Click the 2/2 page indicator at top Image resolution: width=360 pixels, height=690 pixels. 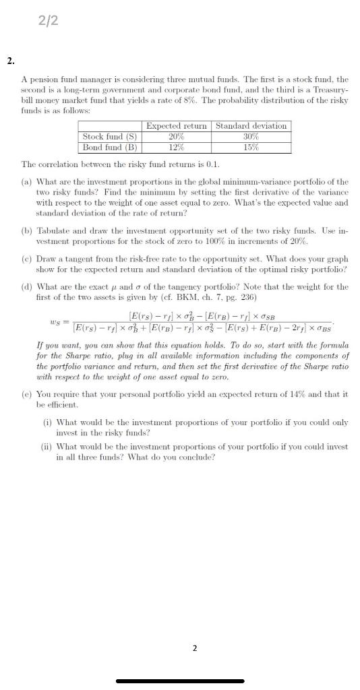(x=49, y=21)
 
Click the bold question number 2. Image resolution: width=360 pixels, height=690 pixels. (x=11, y=61)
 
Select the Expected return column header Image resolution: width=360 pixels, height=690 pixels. (x=177, y=125)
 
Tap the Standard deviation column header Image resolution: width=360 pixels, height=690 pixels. (x=251, y=125)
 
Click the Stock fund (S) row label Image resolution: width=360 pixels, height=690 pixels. (x=111, y=136)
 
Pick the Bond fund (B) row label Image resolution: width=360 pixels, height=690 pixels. (x=110, y=147)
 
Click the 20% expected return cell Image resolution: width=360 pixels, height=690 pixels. (x=177, y=136)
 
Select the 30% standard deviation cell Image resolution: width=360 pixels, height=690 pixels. (x=251, y=136)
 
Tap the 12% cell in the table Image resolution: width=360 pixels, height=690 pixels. (x=177, y=147)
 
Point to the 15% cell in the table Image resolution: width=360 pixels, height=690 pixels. (x=251, y=147)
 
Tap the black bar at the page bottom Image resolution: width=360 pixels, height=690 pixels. (x=180, y=681)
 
